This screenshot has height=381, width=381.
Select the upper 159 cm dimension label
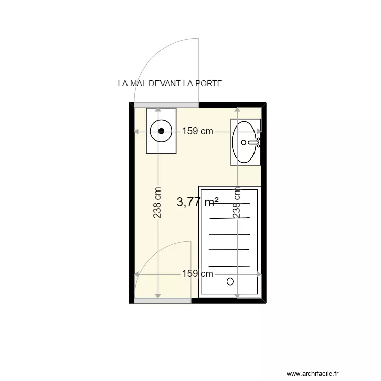coord(198,131)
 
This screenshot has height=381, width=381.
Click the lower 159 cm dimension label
coord(198,274)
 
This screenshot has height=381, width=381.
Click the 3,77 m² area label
coord(198,202)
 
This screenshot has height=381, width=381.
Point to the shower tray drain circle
coord(231,280)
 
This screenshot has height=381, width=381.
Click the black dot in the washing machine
coord(162,131)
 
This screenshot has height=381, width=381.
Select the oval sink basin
coord(245,142)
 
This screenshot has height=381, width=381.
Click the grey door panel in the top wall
coord(166,105)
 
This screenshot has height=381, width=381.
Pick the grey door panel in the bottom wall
coord(163,301)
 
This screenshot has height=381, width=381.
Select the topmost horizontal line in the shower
coord(230,203)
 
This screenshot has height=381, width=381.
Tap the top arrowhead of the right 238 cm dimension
coord(237,109)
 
